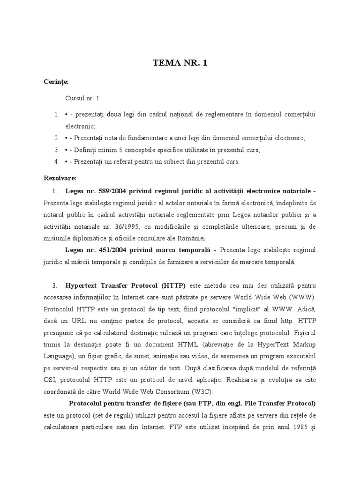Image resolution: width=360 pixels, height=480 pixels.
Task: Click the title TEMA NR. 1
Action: (x=180, y=63)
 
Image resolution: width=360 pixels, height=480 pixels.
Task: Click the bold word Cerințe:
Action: (x=56, y=82)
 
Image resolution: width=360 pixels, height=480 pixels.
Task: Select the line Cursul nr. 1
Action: (x=82, y=98)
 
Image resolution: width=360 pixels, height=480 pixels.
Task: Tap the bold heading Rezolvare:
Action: (x=60, y=178)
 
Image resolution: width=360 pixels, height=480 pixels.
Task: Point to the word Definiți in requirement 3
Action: (x=87, y=150)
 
